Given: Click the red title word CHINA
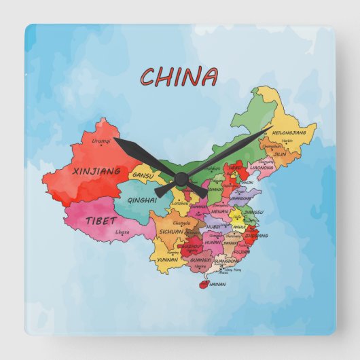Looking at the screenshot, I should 179,77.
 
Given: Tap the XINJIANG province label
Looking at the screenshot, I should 96,171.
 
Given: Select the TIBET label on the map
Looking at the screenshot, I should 101,220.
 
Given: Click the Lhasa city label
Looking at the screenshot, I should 122,232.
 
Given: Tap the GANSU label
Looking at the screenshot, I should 143,175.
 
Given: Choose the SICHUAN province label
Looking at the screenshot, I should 171,231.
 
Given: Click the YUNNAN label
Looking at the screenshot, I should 167,259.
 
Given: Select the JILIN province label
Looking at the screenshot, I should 279,154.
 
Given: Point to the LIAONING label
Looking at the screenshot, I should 262,166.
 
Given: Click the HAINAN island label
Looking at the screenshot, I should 218,284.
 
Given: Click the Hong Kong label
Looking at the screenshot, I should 232,270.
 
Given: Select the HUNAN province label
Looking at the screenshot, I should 212,241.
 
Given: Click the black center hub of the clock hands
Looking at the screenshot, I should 181,179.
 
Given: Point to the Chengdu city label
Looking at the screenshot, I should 181,223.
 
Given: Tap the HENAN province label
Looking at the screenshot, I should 219,211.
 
